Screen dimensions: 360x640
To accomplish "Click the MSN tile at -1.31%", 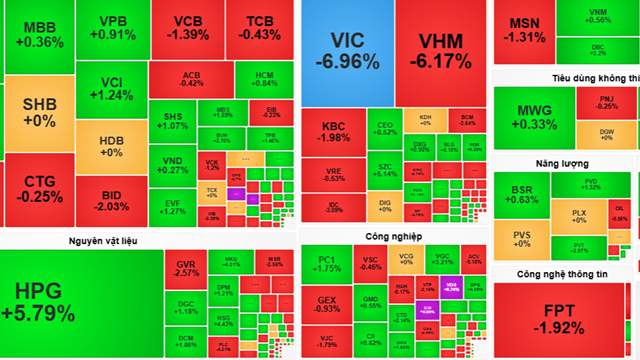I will [x=524, y=29].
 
